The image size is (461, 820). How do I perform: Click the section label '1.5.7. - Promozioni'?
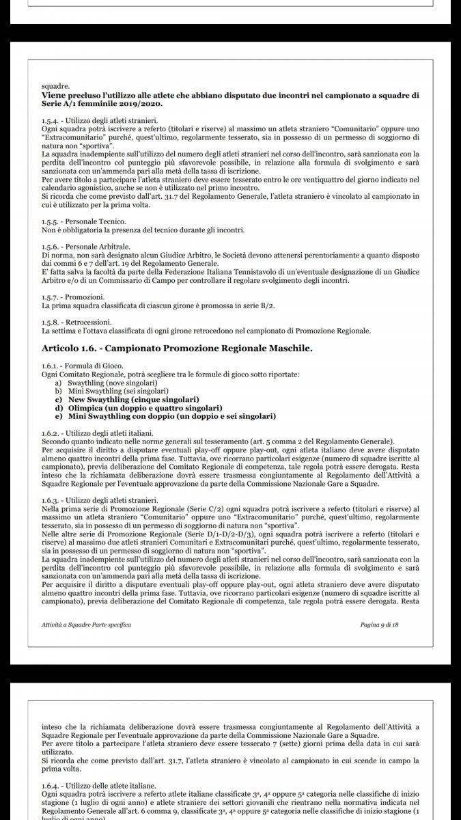[x=73, y=297]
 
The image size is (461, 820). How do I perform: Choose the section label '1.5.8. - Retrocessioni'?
[x=77, y=321]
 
